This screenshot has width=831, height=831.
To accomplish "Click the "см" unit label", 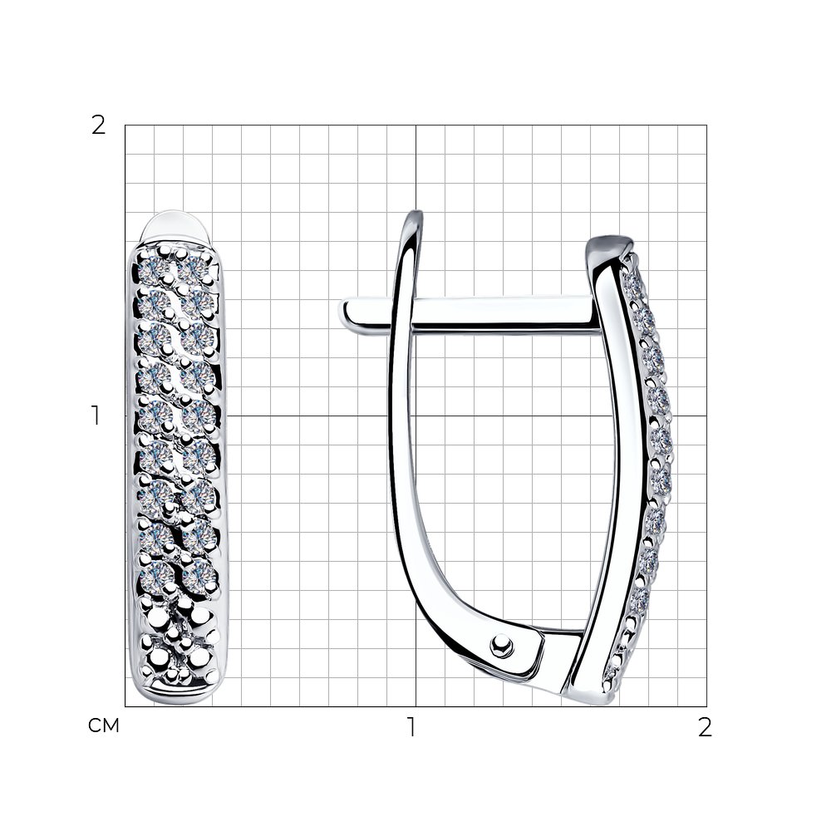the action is click(104, 725).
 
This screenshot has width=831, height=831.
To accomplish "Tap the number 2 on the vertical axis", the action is click(99, 125).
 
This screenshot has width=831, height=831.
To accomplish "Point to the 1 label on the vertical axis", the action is click(96, 415).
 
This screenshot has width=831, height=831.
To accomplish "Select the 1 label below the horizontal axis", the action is click(412, 727).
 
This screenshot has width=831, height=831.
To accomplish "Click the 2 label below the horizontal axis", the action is click(705, 728).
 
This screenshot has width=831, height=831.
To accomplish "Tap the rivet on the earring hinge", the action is click(501, 646).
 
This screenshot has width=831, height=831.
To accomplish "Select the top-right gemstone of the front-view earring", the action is click(193, 269).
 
